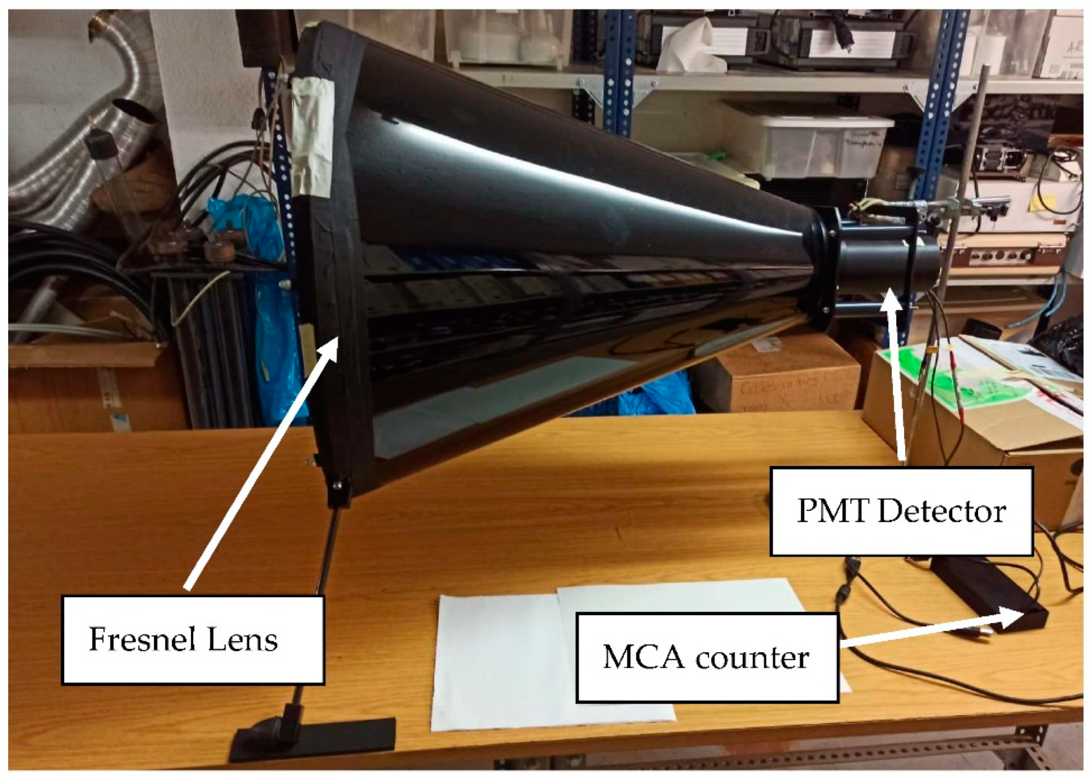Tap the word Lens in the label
click(246, 639)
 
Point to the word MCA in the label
click(644, 656)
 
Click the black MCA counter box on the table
click(987, 591)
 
